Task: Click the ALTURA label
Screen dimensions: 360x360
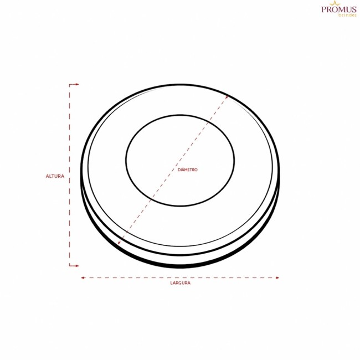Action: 55,176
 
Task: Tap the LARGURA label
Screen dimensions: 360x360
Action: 181,283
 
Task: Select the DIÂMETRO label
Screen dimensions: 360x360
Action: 188,169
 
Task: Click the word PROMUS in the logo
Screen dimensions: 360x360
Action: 339,9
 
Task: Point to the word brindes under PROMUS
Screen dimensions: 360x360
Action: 347,15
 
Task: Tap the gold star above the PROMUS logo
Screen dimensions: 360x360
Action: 335,3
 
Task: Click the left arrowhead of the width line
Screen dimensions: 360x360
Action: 83,278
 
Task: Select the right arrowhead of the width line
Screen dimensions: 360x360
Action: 277,278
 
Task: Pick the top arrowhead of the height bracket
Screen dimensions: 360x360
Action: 77,85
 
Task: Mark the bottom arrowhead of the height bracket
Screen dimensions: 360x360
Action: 77,266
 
